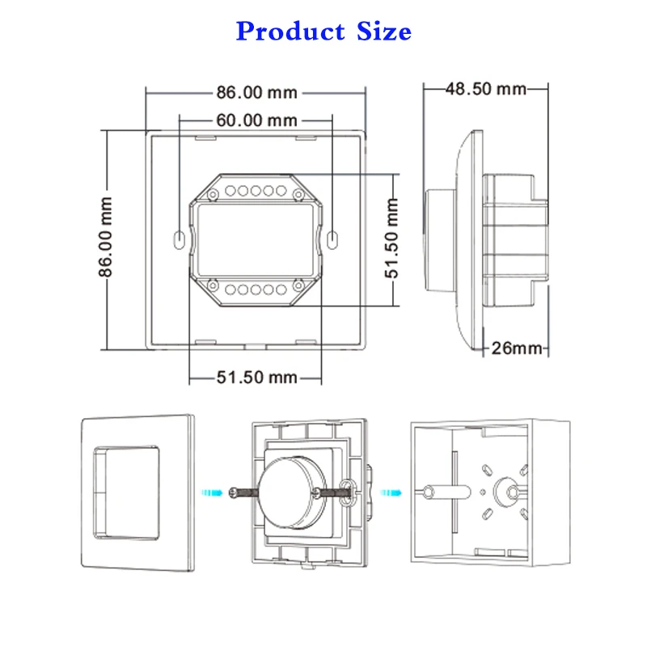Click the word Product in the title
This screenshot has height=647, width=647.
pos(290,32)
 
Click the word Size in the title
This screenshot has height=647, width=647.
pos(383,32)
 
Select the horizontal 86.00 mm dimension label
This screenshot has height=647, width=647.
pos(256,92)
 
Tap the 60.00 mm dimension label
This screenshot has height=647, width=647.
pos(256,121)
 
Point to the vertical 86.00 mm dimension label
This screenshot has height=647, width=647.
pos(106,237)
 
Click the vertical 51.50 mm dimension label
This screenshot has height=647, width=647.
pos(392,238)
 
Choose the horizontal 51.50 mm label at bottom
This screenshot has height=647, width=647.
pos(256,377)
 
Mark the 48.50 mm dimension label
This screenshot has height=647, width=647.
pos(486,89)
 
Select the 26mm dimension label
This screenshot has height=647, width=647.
pos(517,349)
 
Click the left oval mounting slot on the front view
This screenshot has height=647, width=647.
pos(179,240)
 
